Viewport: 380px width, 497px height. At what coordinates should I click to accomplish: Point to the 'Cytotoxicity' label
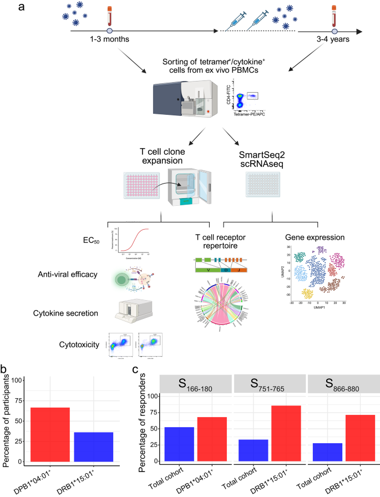click(76, 345)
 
